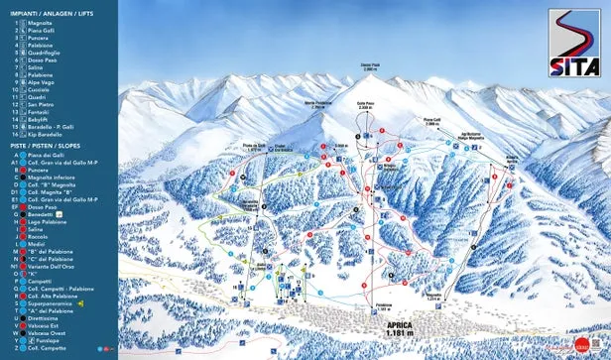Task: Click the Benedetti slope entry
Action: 40,212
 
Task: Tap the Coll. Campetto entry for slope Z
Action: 46,349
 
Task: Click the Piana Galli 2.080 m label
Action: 431,123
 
